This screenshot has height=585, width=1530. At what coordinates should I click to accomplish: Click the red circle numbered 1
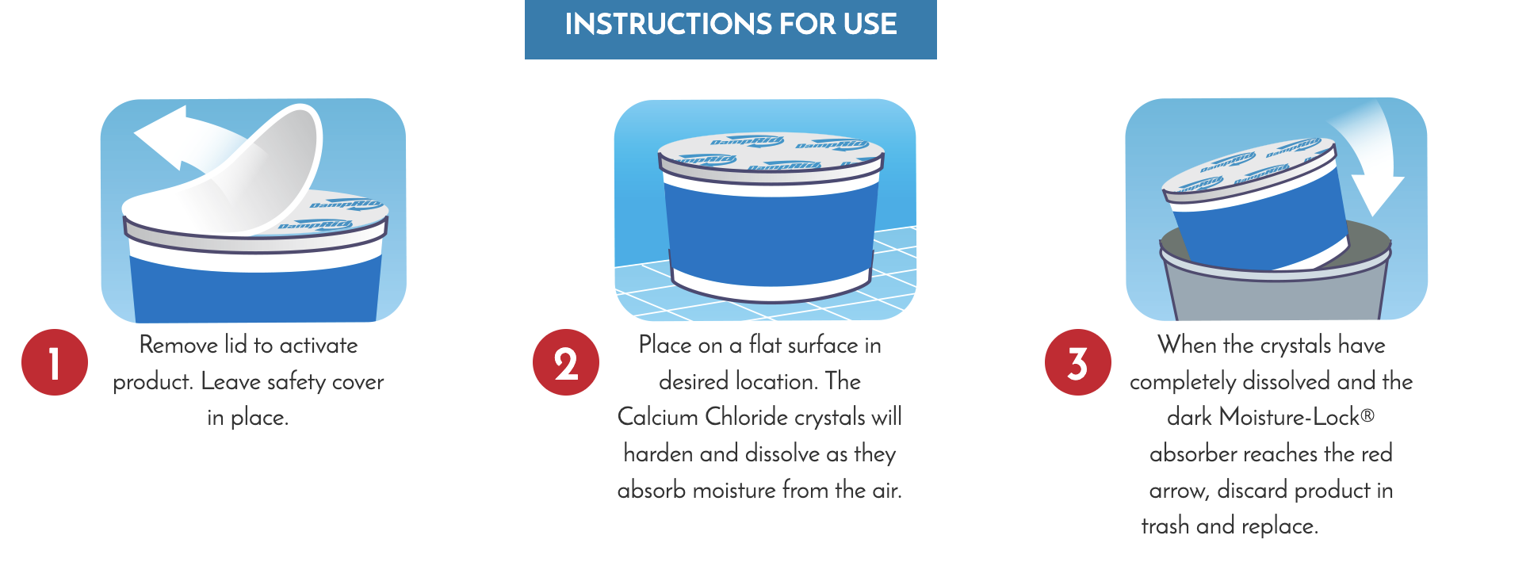click(x=55, y=362)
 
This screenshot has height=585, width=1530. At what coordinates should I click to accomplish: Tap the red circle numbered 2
click(x=566, y=362)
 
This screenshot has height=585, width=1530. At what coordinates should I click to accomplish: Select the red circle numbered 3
click(x=1078, y=362)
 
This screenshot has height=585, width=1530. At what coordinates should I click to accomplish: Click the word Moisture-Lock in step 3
click(x=1290, y=417)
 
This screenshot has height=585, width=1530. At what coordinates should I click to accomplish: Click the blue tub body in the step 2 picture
click(x=771, y=234)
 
